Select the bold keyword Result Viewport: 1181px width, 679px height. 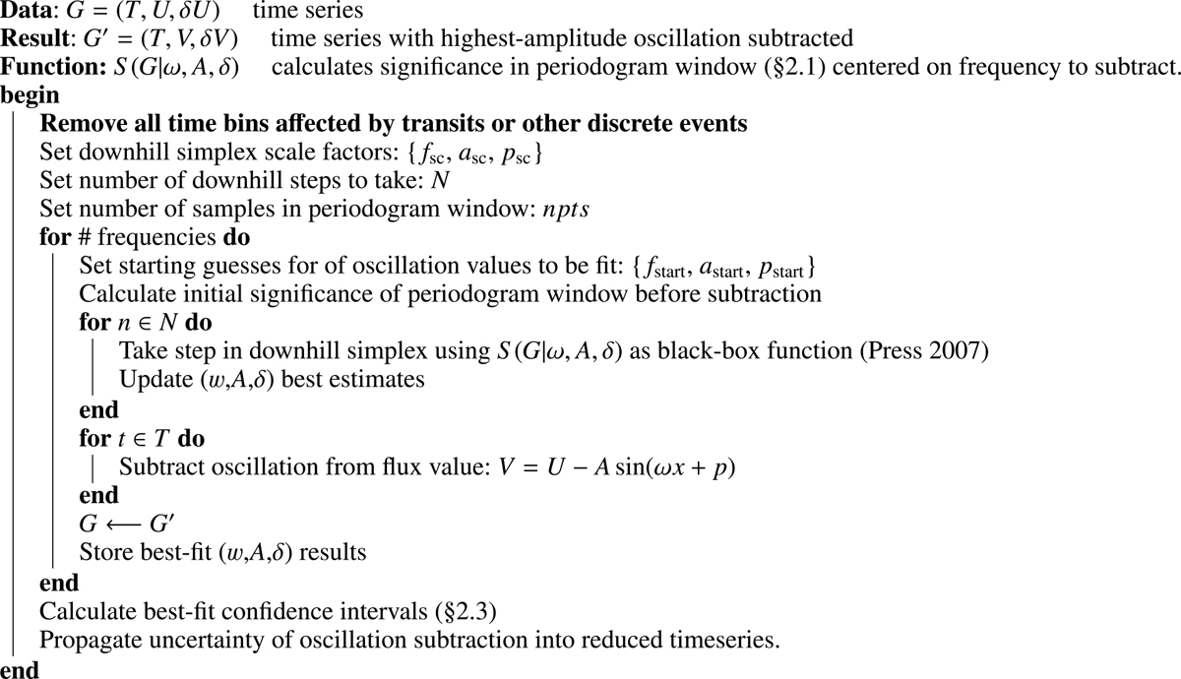(30, 40)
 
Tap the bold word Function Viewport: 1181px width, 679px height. (40, 69)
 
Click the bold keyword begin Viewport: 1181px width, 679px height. (30, 96)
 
